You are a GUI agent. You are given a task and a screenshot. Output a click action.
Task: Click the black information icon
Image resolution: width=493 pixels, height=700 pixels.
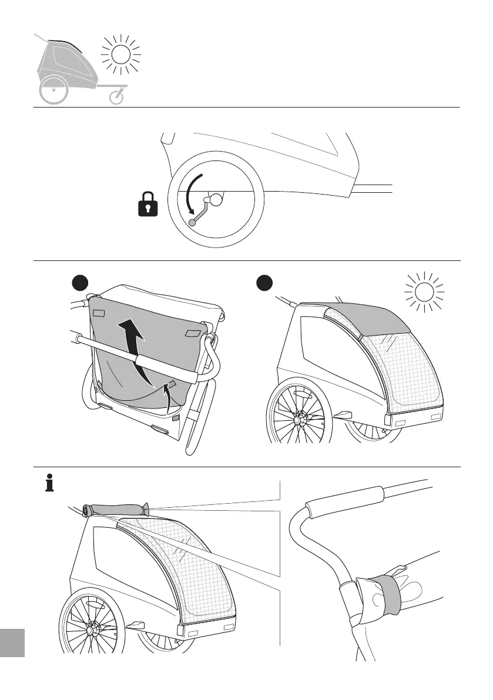[x=50, y=484]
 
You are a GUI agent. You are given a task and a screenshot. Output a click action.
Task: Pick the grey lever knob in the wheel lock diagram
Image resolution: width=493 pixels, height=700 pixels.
[x=192, y=223]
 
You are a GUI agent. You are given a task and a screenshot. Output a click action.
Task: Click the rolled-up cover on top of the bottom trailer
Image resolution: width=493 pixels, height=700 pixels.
[x=115, y=510]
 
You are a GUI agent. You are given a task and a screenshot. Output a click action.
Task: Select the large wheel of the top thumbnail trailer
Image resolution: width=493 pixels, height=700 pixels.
[x=53, y=91]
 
